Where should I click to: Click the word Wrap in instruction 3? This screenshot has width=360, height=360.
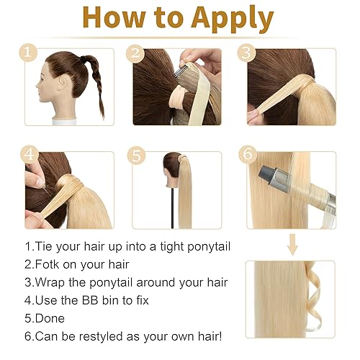(x=53, y=282)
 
